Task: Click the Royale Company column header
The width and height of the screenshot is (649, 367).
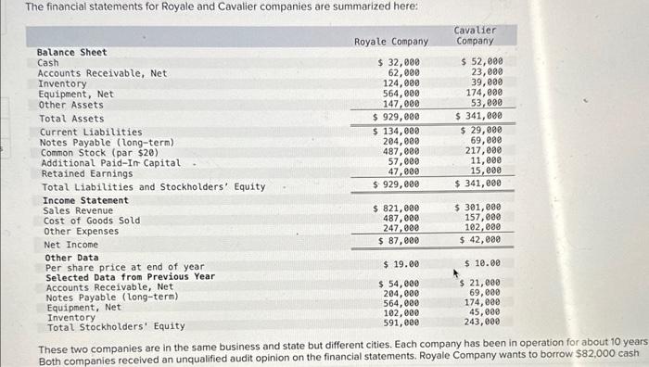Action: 391,42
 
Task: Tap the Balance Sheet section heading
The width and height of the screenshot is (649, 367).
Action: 71,53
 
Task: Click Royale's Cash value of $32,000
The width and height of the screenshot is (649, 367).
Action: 398,61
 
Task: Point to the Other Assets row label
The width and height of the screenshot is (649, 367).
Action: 70,105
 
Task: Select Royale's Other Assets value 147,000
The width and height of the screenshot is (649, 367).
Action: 401,105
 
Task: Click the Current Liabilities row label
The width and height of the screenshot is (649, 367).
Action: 91,133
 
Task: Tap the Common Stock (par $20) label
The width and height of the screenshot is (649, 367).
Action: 96,153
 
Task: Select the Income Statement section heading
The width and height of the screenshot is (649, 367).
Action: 85,200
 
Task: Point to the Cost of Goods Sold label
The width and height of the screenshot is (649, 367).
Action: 92,221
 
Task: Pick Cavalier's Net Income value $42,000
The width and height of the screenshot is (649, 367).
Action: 480,240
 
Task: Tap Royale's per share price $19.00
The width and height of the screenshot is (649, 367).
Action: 400,263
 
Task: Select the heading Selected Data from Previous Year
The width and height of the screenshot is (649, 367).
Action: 130,277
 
